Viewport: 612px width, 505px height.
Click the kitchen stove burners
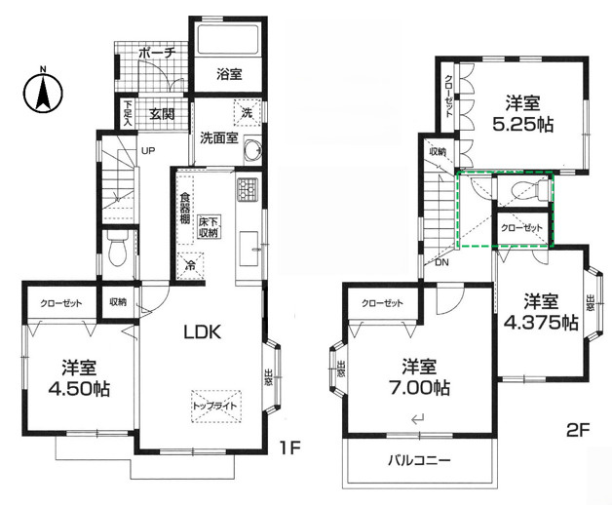245,188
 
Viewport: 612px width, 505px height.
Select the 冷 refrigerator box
188,263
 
